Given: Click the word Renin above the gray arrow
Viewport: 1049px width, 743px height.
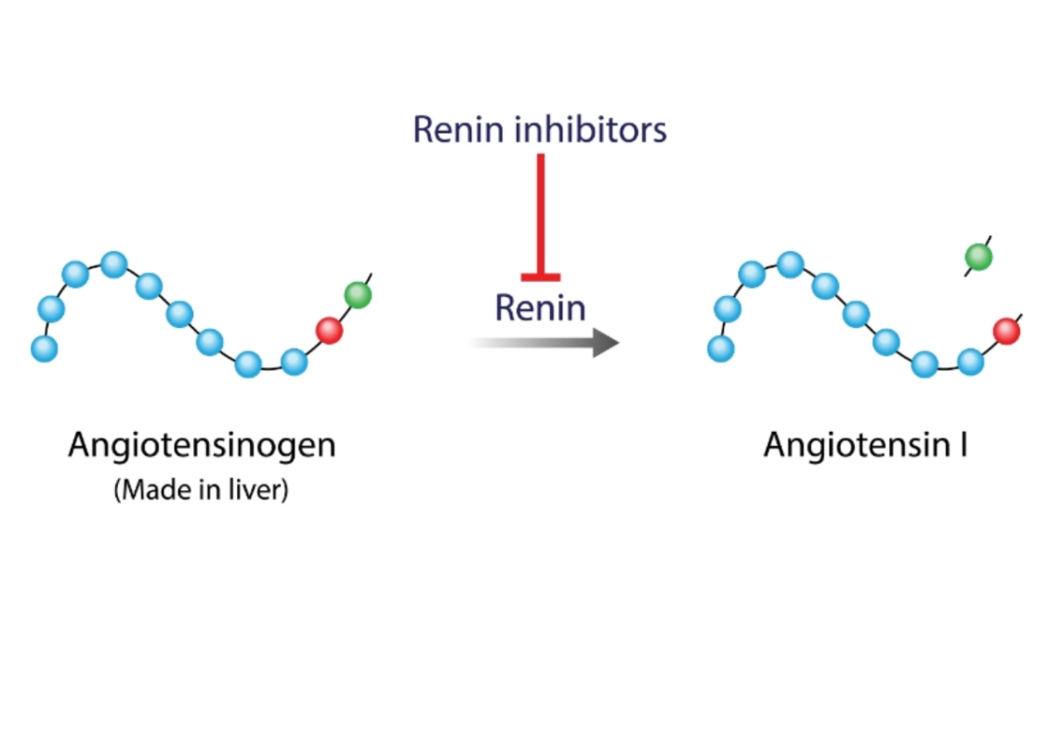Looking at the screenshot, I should [540, 306].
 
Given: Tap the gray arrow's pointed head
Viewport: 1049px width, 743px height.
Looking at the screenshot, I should [605, 343].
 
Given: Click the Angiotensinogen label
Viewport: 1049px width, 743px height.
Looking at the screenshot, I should [202, 446].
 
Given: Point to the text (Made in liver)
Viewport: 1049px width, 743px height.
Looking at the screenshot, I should [201, 490].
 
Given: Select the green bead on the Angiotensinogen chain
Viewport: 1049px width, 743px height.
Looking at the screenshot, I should [358, 295].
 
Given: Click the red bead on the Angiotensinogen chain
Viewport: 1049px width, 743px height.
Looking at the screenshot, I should [329, 330].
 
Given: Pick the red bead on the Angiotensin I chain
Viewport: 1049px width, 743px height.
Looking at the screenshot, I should [1006, 330].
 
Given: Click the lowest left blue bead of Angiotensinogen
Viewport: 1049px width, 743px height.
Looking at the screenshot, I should [44, 348].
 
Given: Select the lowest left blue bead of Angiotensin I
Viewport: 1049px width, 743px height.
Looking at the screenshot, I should [720, 348].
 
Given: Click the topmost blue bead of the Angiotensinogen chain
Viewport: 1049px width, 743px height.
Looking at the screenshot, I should [114, 265].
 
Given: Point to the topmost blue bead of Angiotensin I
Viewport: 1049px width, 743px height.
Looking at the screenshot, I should [791, 265].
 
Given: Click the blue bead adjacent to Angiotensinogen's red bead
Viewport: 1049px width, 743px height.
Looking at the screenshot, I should [295, 360].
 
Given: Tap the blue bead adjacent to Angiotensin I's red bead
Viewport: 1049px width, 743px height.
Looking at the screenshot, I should [971, 360].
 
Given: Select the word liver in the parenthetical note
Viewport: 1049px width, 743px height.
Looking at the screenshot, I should [261, 490].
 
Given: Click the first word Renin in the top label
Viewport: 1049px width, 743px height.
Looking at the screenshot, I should [457, 130].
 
